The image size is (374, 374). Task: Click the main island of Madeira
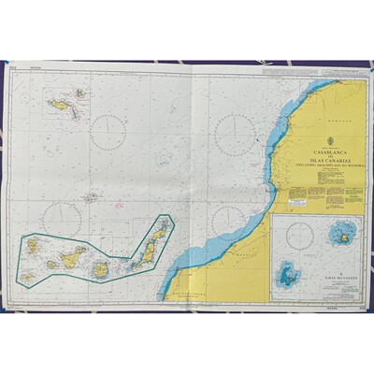tap(64, 107)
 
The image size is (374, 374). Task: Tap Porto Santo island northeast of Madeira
tap(80, 93)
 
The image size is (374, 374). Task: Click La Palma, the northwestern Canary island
tap(33, 247)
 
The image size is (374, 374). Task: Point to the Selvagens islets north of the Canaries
tap(91, 197)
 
